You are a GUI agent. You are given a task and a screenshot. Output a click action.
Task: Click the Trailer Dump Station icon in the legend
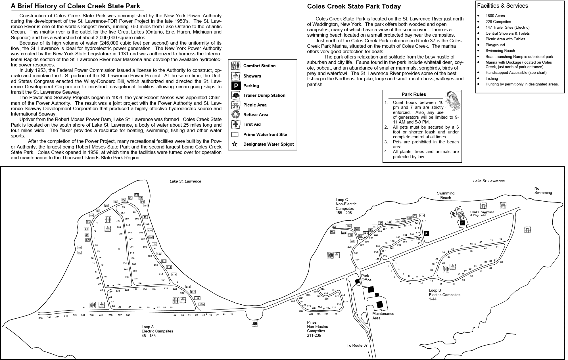click(236, 95)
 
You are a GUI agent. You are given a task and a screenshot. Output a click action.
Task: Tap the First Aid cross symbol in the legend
click(236, 124)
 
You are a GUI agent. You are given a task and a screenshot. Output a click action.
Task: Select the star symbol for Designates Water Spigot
click(235, 144)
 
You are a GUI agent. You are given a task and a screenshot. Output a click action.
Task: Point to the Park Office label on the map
click(366, 278)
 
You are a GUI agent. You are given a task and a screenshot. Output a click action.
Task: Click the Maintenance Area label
click(383, 316)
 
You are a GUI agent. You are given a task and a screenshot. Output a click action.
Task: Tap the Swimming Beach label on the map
click(446, 195)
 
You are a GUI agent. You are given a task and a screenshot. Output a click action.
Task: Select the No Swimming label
click(543, 191)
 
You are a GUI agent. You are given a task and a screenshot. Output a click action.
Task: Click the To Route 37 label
click(357, 345)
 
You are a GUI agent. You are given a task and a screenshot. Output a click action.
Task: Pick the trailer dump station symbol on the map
click(255, 324)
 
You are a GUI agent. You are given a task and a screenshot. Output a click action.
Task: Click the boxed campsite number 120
click(201, 304)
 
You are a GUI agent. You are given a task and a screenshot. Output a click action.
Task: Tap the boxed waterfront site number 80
click(80, 253)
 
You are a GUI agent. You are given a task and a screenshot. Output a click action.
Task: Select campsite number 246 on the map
click(41, 318)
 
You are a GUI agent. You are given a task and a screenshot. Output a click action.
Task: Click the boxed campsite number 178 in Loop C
click(422, 216)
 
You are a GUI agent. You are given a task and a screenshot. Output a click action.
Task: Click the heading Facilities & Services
click(502, 6)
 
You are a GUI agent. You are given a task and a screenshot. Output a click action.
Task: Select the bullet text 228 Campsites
click(498, 22)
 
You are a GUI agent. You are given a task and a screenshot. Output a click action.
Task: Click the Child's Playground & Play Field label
click(482, 214)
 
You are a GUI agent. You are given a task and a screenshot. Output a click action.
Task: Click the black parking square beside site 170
click(426, 234)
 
